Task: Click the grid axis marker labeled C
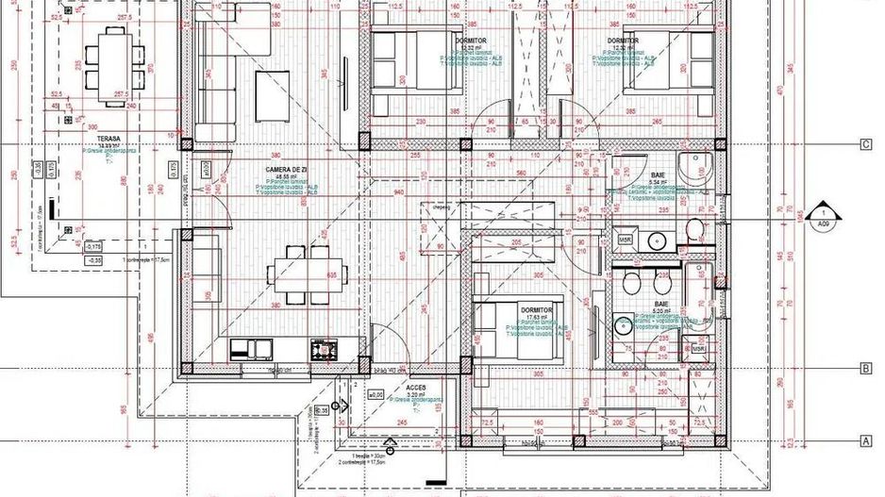tap(864, 144)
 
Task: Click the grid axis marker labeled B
tap(864, 370)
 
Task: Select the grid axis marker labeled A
tap(864, 440)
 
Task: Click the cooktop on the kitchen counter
tap(323, 350)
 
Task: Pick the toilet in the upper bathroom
tap(693, 228)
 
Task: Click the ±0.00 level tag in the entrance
tap(376, 396)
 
